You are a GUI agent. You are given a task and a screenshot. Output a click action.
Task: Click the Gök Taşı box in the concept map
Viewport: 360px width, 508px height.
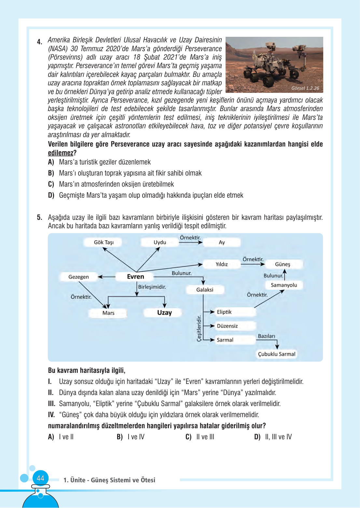point(104,242)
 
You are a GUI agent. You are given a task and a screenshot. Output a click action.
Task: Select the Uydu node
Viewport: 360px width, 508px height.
point(159,242)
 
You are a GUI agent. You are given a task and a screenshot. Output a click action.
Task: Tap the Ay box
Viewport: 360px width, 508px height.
point(222,242)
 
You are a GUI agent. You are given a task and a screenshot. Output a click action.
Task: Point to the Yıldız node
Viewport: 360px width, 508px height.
point(222,264)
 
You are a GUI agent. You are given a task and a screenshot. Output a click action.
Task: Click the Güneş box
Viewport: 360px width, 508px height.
point(282,264)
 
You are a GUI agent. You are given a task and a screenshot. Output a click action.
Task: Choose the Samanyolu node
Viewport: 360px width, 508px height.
point(284,285)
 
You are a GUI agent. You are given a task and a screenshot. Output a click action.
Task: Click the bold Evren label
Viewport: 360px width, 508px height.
point(135,276)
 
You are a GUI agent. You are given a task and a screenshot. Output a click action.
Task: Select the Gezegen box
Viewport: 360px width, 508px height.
point(78,277)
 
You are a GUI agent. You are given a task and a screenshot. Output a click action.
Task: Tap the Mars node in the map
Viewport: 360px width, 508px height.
point(108,313)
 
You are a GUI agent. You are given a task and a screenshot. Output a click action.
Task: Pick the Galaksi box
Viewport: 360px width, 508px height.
point(205,289)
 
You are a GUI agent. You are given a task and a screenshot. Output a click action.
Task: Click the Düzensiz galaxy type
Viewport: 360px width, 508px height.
point(227,326)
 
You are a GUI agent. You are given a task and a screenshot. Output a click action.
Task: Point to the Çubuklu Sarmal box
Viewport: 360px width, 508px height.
point(277,354)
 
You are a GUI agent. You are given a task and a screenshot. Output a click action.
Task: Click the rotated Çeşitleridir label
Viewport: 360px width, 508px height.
point(199,328)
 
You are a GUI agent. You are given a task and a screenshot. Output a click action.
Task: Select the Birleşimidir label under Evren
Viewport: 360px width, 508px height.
point(152,287)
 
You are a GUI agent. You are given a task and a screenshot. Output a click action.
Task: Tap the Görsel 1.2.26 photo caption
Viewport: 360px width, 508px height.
point(305,88)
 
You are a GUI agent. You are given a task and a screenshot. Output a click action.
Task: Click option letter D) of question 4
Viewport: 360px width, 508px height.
point(51,195)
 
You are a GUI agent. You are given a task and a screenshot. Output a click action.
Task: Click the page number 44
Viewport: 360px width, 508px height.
point(40,478)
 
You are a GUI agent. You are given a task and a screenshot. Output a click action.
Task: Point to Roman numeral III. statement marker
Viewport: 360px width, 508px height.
point(51,404)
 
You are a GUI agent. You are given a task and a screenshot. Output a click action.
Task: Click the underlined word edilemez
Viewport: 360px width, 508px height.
point(61,153)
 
